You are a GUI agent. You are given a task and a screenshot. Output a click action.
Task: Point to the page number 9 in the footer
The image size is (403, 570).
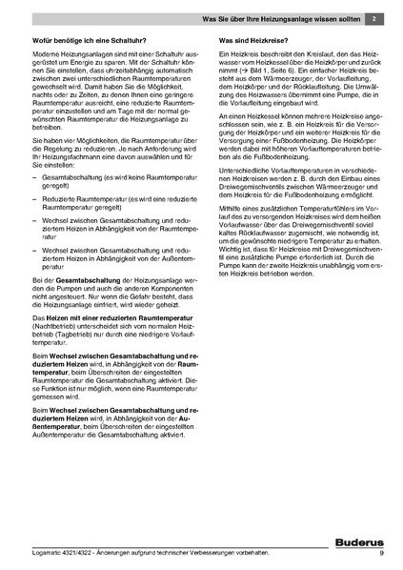click(381, 554)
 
